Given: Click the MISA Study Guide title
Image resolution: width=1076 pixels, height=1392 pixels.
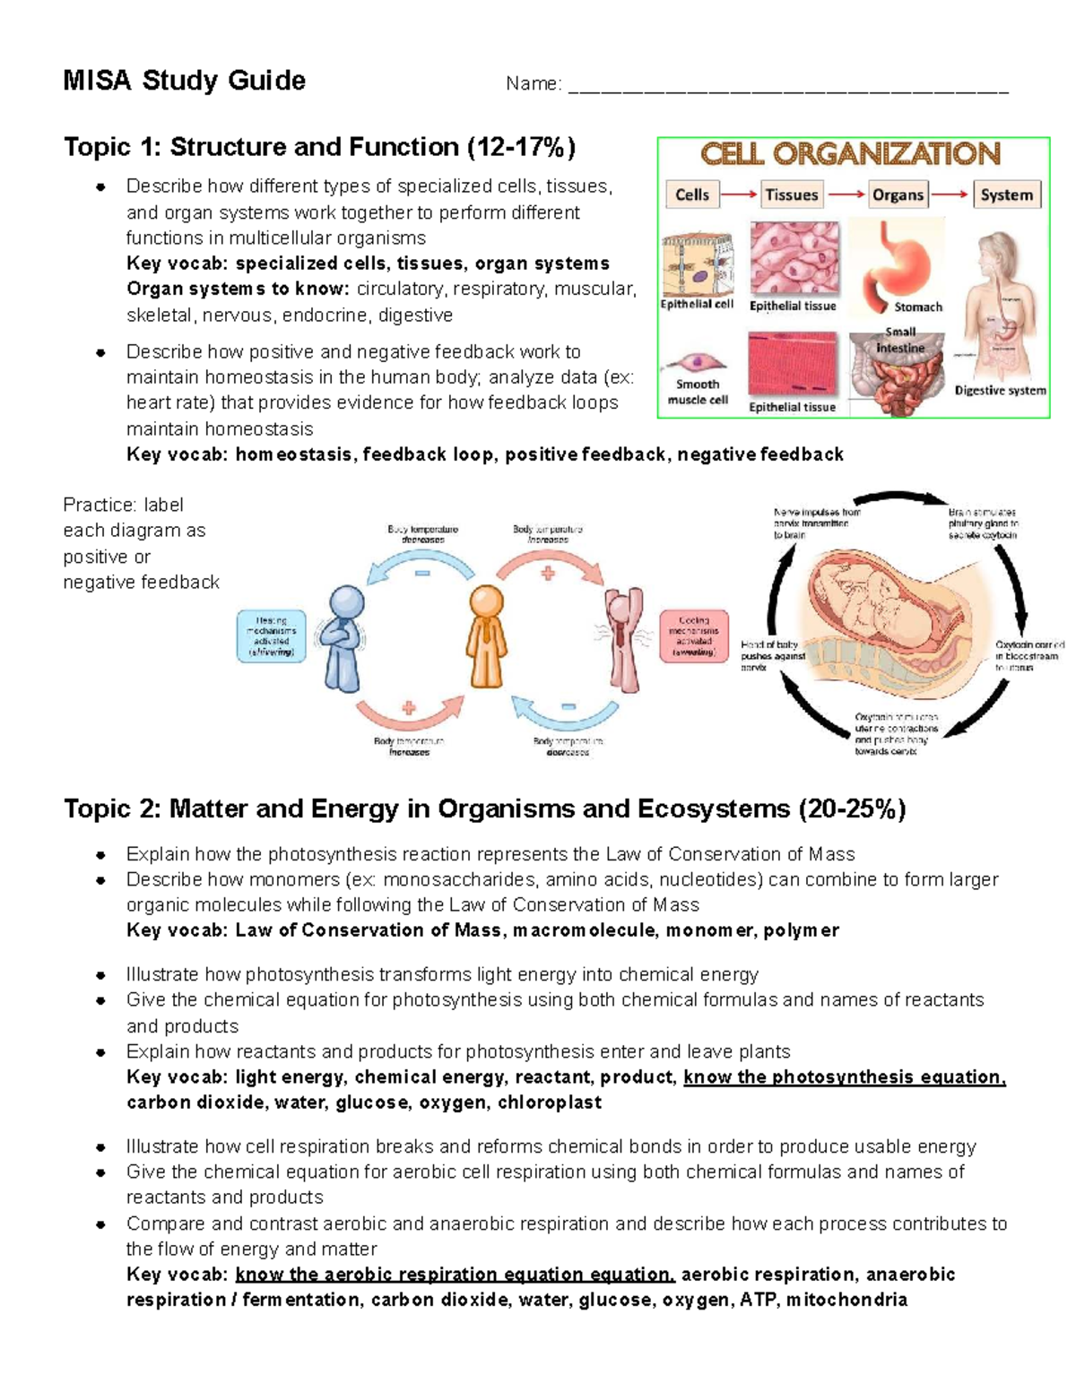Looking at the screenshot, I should click(x=184, y=81).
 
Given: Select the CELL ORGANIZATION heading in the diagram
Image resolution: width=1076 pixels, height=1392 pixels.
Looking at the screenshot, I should click(x=850, y=154).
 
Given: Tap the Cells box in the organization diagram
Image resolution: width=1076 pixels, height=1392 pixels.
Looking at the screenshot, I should click(x=691, y=195).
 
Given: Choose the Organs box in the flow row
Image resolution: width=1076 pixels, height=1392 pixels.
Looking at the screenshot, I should click(x=898, y=195).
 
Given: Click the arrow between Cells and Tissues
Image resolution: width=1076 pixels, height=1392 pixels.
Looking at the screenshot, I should click(x=739, y=195).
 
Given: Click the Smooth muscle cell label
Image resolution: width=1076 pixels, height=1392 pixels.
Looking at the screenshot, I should click(x=698, y=392).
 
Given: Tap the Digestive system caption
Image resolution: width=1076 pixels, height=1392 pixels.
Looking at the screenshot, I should click(x=1000, y=390).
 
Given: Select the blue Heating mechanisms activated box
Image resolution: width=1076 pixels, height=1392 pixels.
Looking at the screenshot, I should click(x=271, y=635).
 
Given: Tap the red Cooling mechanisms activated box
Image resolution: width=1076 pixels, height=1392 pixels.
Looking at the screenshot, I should click(x=694, y=635).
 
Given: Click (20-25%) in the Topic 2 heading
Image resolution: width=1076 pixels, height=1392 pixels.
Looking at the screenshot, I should click(x=852, y=809).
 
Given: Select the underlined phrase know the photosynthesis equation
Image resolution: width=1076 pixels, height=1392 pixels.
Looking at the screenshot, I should click(x=844, y=1076).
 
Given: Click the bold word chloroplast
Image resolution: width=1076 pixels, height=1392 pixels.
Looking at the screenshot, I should click(x=549, y=1102).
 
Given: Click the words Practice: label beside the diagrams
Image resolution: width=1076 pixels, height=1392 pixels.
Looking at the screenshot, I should click(x=123, y=505).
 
